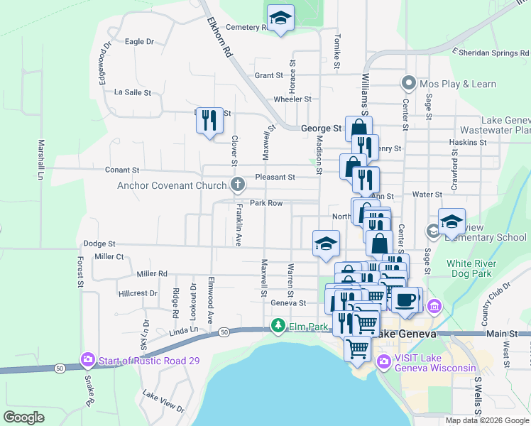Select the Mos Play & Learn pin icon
click(x=408, y=84)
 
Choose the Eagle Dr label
click(x=139, y=42)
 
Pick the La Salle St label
click(x=133, y=92)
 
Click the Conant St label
click(x=121, y=170)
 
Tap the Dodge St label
click(x=99, y=244)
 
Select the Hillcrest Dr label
click(x=138, y=293)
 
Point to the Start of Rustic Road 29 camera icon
click(x=88, y=360)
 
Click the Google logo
click(x=23, y=417)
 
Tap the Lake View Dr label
click(x=163, y=401)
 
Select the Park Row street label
click(x=266, y=203)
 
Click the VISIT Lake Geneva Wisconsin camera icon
click(x=384, y=361)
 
